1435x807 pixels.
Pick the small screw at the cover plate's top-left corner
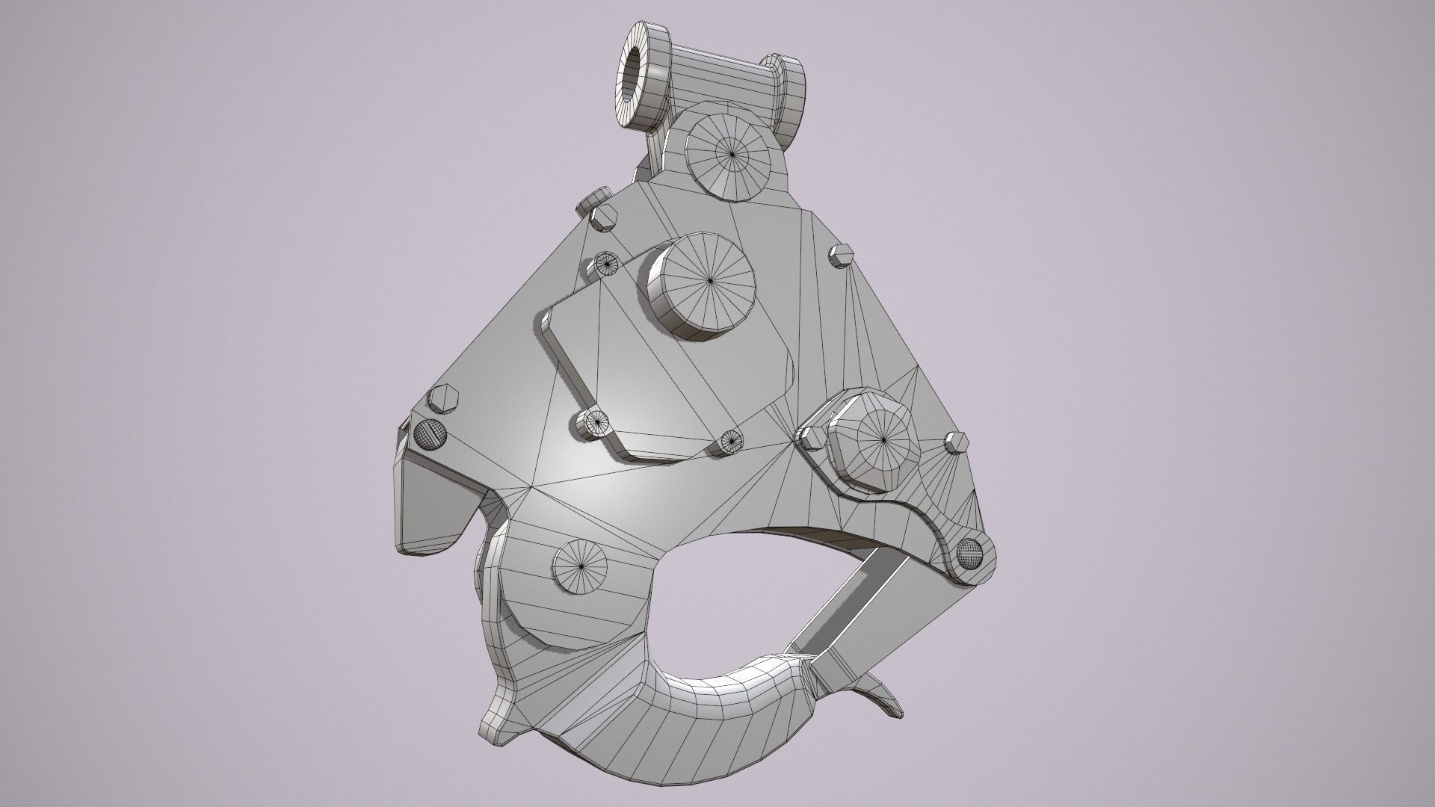(606, 263)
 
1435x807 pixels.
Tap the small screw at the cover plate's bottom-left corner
(597, 423)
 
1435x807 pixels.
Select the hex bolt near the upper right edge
(840, 255)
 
